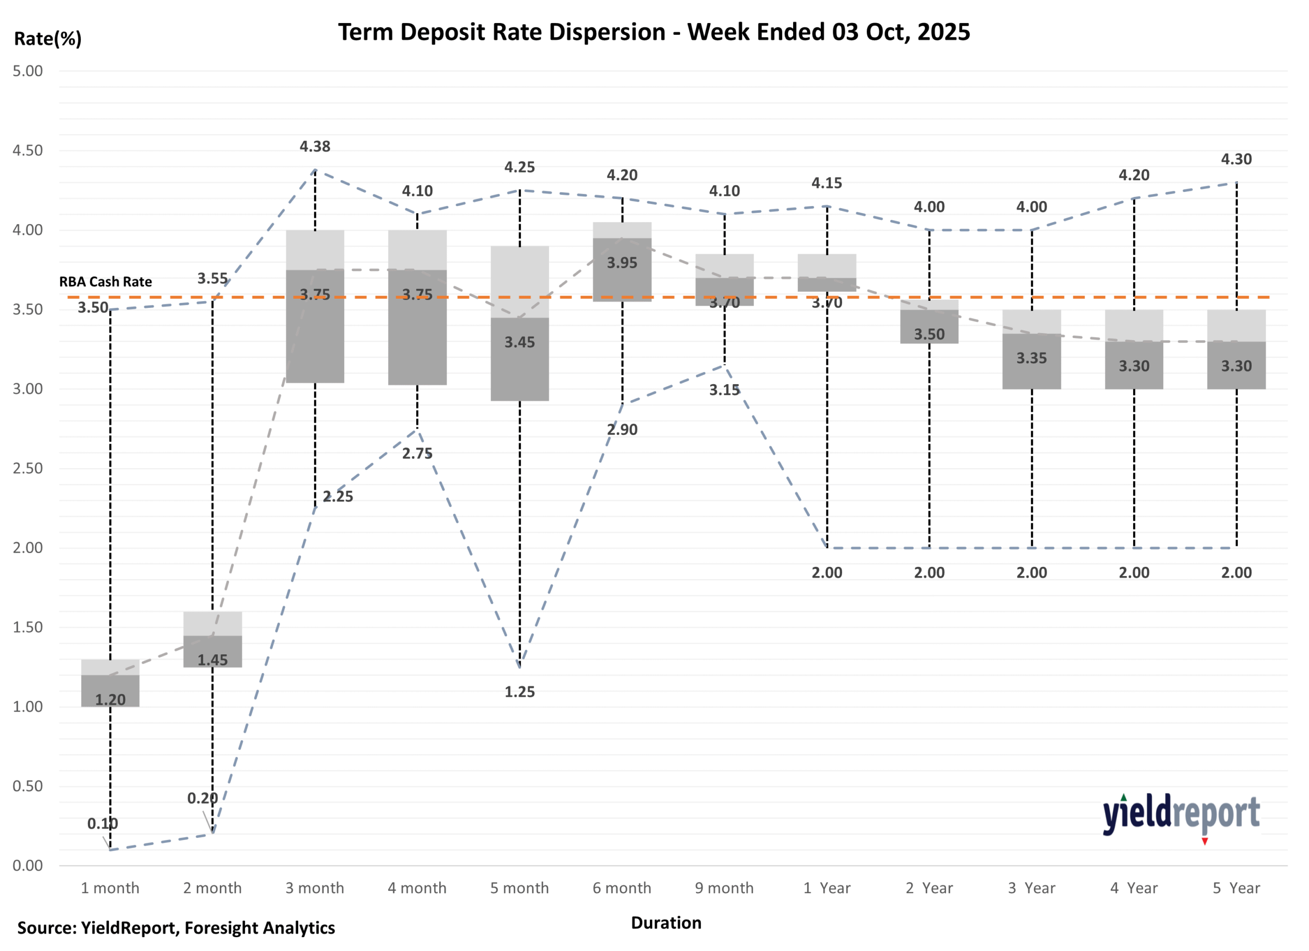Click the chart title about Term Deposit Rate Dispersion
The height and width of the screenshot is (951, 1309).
click(653, 32)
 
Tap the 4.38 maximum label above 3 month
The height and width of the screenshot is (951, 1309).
click(314, 147)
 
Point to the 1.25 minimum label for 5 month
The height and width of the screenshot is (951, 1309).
click(520, 692)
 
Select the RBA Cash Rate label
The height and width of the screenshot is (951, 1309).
click(106, 282)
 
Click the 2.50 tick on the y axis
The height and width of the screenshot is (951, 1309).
click(28, 468)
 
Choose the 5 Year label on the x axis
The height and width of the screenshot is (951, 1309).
click(1236, 888)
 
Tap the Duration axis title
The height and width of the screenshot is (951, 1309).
click(666, 923)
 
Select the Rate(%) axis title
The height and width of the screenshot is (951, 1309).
click(48, 39)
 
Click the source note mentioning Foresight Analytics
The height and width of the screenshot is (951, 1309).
click(176, 928)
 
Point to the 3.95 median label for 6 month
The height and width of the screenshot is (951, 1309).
click(622, 263)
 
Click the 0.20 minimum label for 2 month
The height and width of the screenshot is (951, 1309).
click(202, 799)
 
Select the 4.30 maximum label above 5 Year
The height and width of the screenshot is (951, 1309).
click(1236, 160)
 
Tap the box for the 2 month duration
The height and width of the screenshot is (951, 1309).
click(212, 640)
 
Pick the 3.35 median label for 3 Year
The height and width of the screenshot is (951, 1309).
click(1031, 358)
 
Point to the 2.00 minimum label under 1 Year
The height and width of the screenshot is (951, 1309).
click(826, 573)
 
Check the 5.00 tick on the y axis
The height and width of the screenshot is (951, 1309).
click(28, 71)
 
